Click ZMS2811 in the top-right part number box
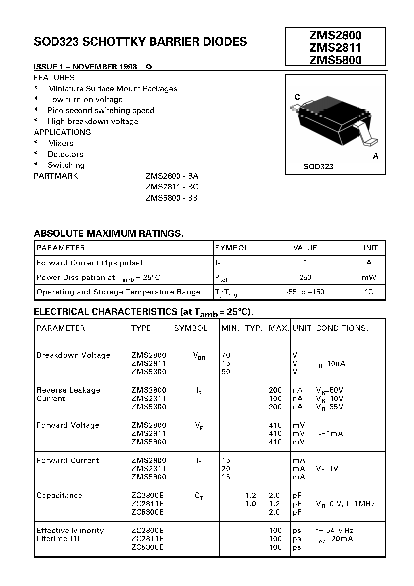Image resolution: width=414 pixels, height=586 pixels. tap(335, 48)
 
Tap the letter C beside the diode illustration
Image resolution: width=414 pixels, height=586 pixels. tap(297, 97)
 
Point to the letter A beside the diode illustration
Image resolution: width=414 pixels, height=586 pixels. tap(375, 156)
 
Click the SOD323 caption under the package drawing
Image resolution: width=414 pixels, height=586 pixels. tap(318, 167)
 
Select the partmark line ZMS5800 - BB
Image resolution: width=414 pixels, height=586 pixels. tap(172, 198)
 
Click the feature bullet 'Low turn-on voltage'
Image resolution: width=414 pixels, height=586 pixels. tap(85, 100)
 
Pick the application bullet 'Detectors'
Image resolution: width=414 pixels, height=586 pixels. tap(65, 154)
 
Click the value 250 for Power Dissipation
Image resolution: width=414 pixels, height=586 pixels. tap(305, 277)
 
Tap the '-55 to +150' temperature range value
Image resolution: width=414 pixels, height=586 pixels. tap(305, 292)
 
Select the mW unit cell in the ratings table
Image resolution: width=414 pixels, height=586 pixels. tap(369, 277)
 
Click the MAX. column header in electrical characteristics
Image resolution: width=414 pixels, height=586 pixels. tap(279, 328)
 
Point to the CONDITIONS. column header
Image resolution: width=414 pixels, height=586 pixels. tap(342, 328)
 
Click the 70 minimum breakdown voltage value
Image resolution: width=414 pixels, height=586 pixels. tap(226, 355)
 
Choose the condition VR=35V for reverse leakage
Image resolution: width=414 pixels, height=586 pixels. tap(329, 407)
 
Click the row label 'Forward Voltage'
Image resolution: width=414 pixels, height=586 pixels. tap(68, 425)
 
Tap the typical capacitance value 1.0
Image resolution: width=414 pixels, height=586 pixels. tap(250, 504)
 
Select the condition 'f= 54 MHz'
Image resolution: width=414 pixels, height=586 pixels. tap(334, 530)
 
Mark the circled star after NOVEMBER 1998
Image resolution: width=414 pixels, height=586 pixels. tap(149, 67)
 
